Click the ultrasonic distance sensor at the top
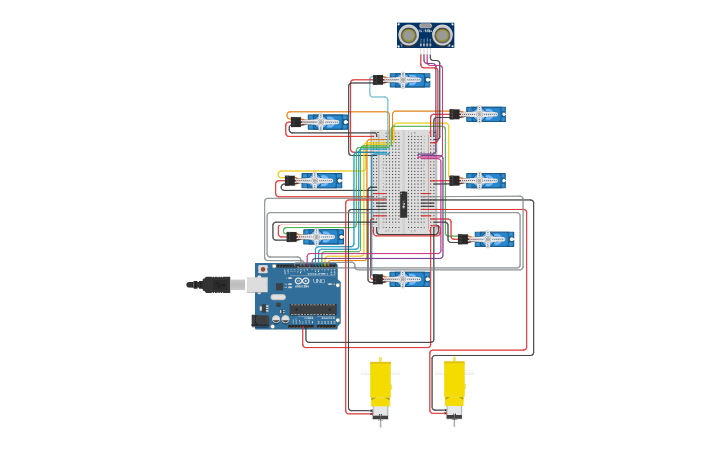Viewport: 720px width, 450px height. (x=425, y=35)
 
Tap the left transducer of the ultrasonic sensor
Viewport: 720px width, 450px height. (x=408, y=36)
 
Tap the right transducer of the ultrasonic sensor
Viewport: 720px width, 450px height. (x=442, y=36)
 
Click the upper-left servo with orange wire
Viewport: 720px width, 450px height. (x=323, y=122)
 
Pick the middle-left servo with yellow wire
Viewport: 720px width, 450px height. (x=318, y=181)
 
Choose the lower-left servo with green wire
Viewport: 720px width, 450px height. (x=319, y=237)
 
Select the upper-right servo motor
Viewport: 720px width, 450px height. (x=483, y=114)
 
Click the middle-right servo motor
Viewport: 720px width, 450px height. (x=483, y=181)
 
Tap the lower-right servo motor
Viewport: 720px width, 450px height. (x=490, y=239)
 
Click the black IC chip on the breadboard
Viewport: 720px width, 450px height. (x=403, y=204)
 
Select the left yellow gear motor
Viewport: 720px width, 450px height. (x=380, y=387)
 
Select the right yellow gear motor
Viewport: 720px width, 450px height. (x=454, y=387)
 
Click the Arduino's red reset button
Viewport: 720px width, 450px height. (x=263, y=270)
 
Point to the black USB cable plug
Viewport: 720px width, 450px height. (x=216, y=285)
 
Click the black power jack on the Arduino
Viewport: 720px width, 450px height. (x=261, y=320)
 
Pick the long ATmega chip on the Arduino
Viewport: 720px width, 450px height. (x=312, y=309)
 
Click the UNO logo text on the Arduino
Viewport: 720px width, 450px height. (x=320, y=282)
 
